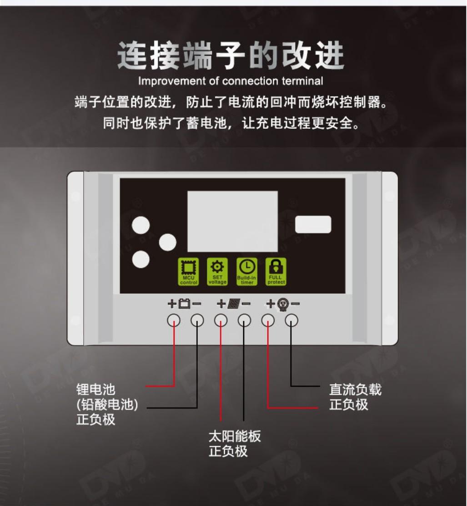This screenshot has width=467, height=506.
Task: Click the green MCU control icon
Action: (x=188, y=272)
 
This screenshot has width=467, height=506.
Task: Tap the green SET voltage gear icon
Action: (x=217, y=272)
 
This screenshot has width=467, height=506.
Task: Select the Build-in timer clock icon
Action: (x=247, y=272)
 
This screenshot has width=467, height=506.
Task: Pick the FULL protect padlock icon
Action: (x=276, y=272)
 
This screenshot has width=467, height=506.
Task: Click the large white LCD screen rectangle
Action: (x=232, y=221)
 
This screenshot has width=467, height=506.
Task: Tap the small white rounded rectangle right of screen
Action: (x=313, y=224)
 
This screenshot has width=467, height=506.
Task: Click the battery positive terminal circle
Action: (x=174, y=320)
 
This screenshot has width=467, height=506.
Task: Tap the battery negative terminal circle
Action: (x=197, y=320)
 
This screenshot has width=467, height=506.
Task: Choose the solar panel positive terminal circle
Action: (x=221, y=320)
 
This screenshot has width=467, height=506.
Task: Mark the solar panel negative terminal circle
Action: (x=245, y=320)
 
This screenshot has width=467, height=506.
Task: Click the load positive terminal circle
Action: (x=268, y=320)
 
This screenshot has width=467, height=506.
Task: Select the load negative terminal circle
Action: (x=291, y=320)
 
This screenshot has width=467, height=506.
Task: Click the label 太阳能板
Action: (x=235, y=436)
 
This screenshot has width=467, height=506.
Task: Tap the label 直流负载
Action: (x=355, y=390)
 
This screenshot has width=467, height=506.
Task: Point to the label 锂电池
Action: (x=96, y=390)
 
